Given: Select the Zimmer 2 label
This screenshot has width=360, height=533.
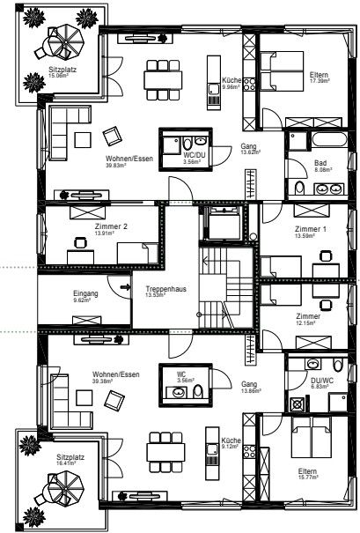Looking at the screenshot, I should pos(111,226).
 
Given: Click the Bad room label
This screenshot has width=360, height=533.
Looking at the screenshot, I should pos(323,163).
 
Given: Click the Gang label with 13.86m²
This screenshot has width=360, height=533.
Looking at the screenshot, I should pos(248,384).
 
